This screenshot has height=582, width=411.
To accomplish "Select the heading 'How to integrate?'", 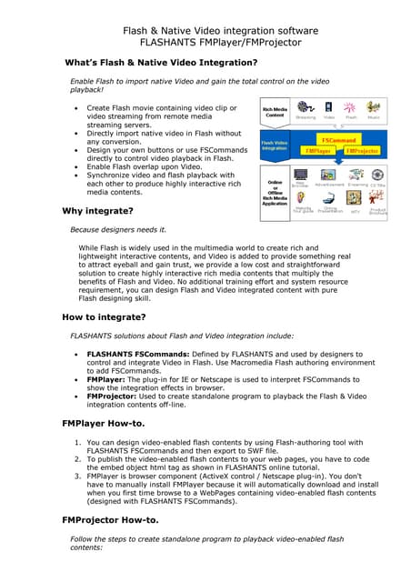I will [104, 317].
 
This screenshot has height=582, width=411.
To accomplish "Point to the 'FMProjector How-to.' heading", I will [115, 520].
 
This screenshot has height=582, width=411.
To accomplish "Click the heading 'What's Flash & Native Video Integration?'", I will [160, 63].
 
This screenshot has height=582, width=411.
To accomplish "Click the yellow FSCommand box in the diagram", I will [338, 141].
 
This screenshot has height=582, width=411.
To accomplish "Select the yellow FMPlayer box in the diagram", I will [317, 151].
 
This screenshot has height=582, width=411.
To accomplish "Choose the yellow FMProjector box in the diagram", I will [361, 151].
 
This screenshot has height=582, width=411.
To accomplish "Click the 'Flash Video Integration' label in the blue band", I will [276, 145].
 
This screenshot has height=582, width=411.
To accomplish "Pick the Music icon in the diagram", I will [374, 108].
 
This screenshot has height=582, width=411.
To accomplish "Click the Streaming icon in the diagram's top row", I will [306, 108].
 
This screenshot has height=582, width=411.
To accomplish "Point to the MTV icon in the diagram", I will [355, 206].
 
